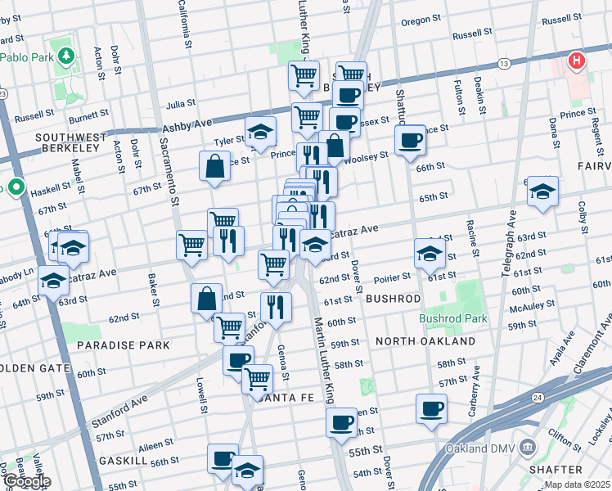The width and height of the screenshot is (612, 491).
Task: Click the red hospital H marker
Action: click(x=577, y=61)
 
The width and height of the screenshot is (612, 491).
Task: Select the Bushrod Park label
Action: click(x=453, y=318)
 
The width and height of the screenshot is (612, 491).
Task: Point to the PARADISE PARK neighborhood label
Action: click(x=124, y=345)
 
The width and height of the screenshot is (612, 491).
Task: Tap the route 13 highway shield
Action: click(x=504, y=63)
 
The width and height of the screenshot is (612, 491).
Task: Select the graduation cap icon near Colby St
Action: click(x=542, y=191)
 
